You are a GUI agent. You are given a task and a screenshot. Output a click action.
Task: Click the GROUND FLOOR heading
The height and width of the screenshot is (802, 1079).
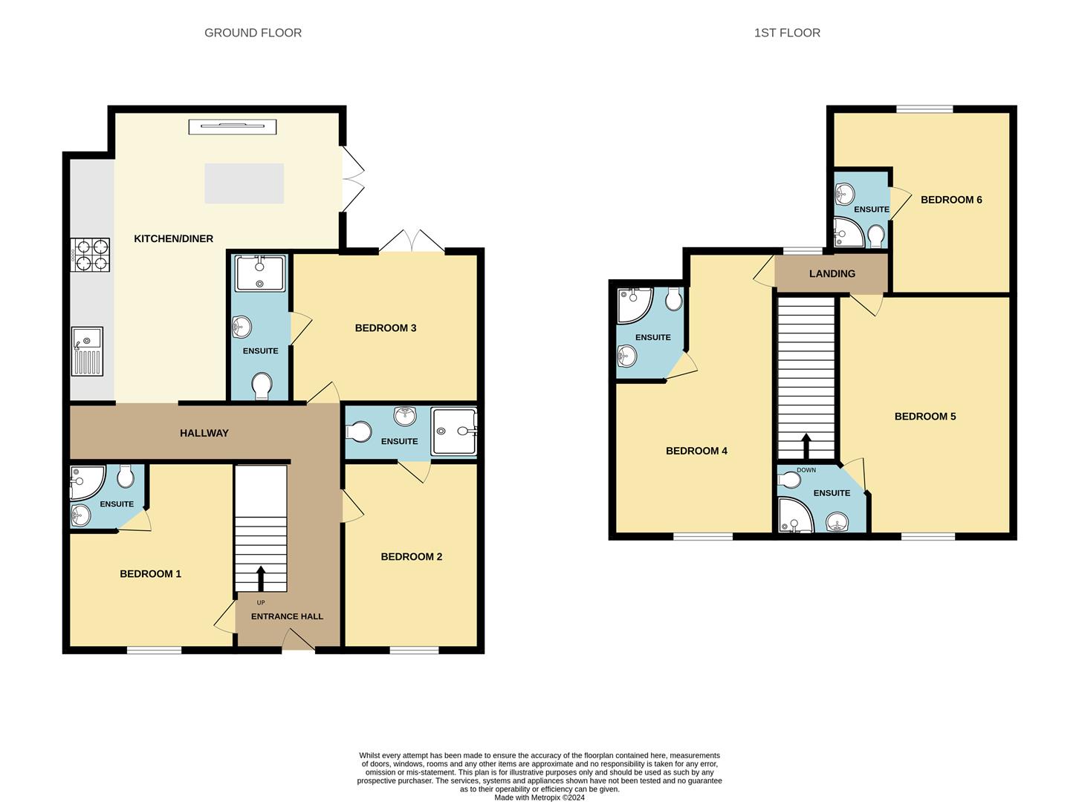click(x=253, y=33)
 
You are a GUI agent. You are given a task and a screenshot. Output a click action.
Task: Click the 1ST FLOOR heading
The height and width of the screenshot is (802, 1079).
click(x=787, y=33)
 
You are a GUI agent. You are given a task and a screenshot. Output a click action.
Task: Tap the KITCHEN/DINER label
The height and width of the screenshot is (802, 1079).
click(x=173, y=238)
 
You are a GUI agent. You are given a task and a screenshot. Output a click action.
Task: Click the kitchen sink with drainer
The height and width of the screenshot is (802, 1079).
click(x=87, y=351)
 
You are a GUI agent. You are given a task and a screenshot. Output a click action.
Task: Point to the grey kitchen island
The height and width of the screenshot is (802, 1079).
click(x=244, y=183)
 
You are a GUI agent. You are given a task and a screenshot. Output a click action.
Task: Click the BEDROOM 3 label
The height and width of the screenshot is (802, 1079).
click(x=385, y=327)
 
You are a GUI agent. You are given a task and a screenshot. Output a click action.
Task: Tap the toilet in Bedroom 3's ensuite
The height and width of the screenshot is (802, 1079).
click(x=261, y=386)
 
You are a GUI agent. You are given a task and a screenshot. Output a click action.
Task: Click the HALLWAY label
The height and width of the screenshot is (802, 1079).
click(x=204, y=433)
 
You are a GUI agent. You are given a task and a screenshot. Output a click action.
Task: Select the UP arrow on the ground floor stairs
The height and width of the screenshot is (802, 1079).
click(x=260, y=578)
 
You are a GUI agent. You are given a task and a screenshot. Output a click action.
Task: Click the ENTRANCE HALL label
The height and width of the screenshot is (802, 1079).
click(x=287, y=616)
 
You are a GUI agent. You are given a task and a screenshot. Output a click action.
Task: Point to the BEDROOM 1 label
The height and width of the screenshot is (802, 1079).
click(x=150, y=573)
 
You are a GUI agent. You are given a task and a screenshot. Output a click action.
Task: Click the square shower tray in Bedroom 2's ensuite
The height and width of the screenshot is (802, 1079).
click(x=453, y=431)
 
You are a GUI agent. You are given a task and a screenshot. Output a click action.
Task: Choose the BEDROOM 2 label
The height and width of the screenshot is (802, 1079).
click(x=411, y=556)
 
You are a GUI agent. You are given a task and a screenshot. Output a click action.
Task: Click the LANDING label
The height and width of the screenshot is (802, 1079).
click(x=832, y=273)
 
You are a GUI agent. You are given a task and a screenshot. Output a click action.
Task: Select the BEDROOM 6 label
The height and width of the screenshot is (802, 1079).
click(x=951, y=199)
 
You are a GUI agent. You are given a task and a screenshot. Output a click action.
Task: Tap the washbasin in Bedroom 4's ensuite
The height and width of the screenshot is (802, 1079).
click(x=627, y=357)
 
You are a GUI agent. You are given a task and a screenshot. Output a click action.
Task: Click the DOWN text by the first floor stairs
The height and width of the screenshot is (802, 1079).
click(x=806, y=470)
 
